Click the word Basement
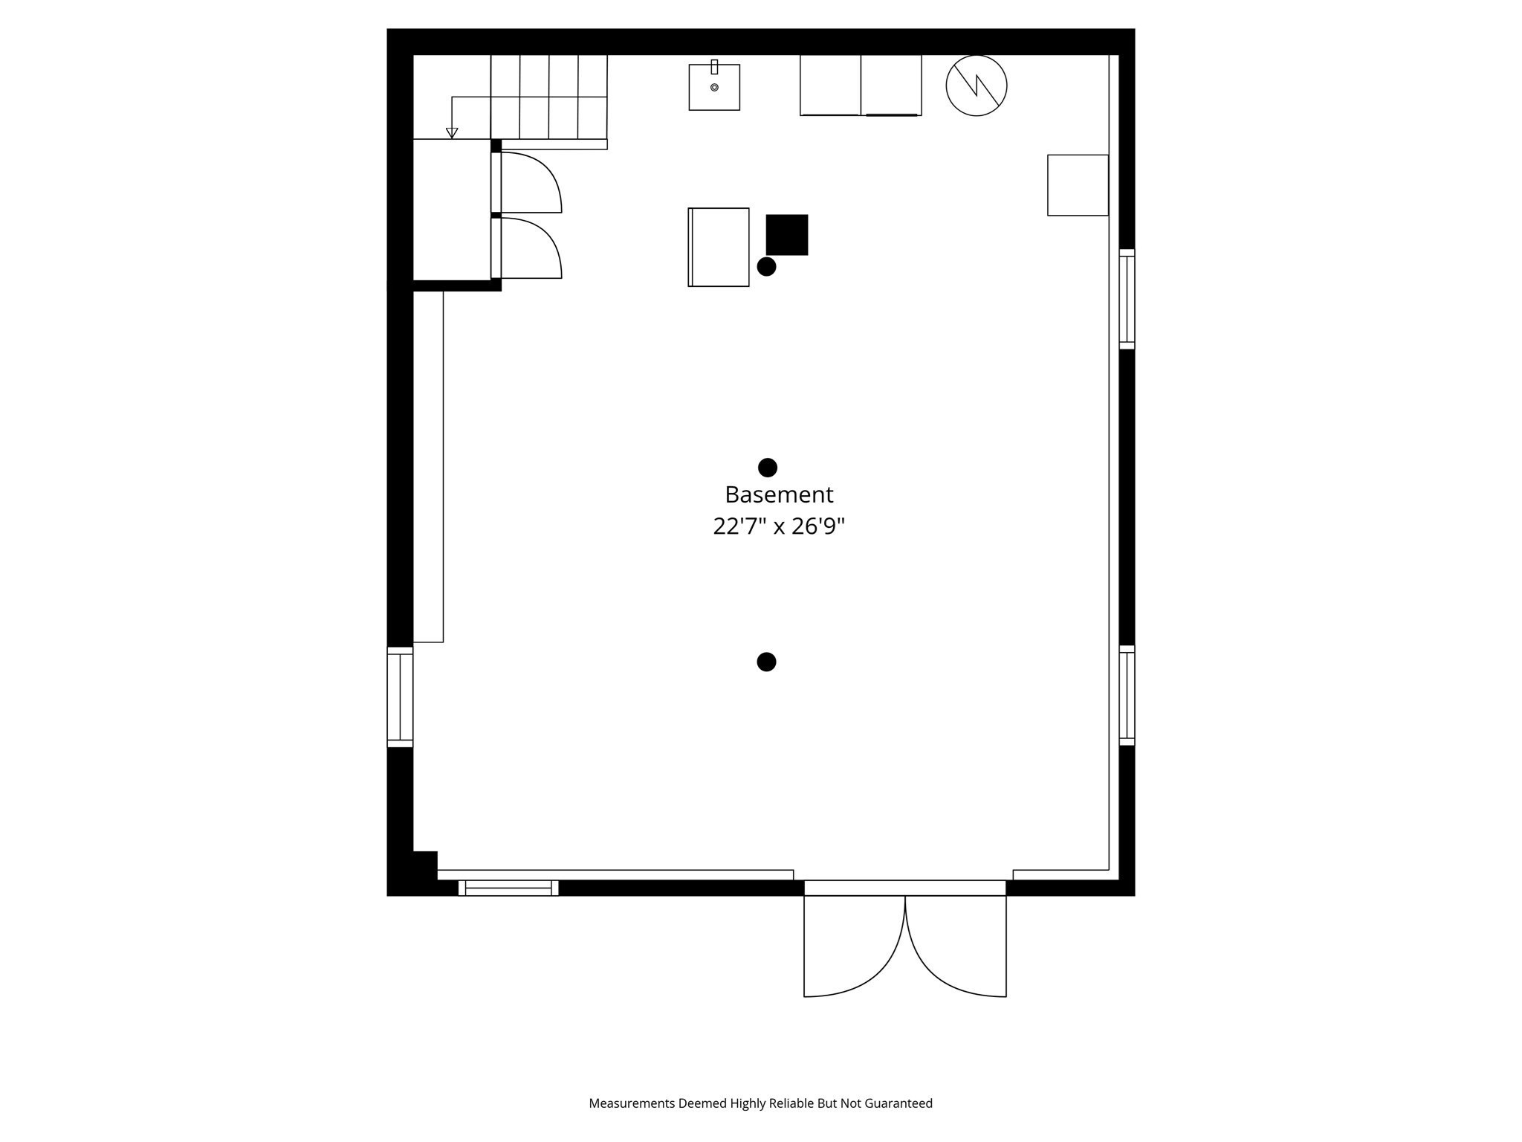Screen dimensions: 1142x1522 coord(779,494)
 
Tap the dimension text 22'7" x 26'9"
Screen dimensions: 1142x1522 coord(779,526)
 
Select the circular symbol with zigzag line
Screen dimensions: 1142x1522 coord(976,86)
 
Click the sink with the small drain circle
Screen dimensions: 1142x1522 coord(714,87)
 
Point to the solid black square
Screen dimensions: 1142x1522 coord(787,235)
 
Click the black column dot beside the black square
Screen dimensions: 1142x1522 coord(766,266)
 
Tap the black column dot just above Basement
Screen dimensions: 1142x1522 coord(768,468)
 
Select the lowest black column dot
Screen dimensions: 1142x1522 coord(766,662)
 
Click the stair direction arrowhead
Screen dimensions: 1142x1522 coord(452,133)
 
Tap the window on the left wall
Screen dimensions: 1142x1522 coord(400,697)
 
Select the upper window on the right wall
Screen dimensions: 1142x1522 coord(1127,299)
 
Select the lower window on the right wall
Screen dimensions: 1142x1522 coord(1127,695)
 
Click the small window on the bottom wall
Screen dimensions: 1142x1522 coord(508,888)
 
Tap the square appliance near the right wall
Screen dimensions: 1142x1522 coord(1078,185)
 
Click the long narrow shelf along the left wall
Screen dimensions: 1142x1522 coord(428,466)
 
